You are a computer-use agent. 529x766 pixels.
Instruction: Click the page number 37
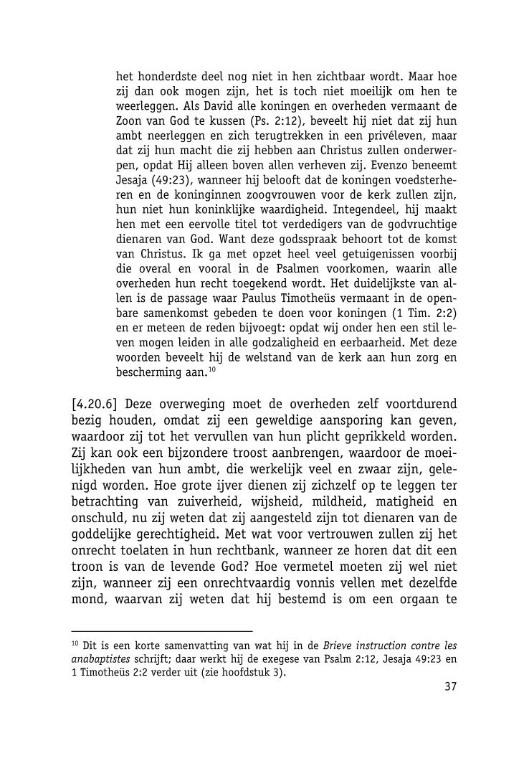(450, 686)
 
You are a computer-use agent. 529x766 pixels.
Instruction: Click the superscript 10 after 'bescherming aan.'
(211, 369)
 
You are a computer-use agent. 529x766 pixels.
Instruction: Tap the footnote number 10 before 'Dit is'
(75, 643)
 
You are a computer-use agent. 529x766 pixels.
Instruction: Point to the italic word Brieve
(343, 645)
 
